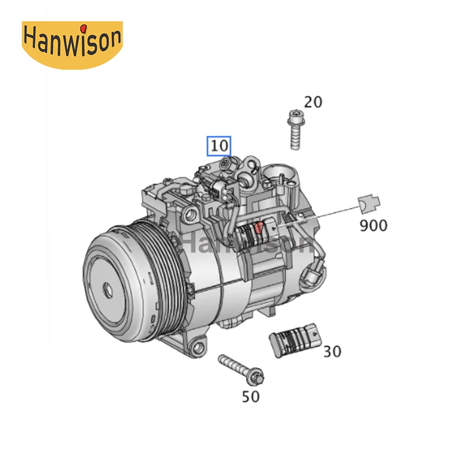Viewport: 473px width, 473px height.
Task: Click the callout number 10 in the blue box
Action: click(x=218, y=145)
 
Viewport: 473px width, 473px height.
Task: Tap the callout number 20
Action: click(x=313, y=102)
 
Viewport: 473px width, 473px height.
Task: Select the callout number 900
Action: click(x=374, y=225)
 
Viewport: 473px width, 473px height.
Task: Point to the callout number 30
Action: click(x=332, y=351)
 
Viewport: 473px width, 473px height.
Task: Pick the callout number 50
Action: click(x=251, y=397)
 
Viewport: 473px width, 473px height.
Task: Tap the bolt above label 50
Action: click(x=241, y=367)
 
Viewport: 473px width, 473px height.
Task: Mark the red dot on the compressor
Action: click(x=258, y=226)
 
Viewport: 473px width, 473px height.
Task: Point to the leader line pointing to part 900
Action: click(x=325, y=213)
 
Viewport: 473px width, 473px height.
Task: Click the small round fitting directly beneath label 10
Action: click(x=225, y=164)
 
